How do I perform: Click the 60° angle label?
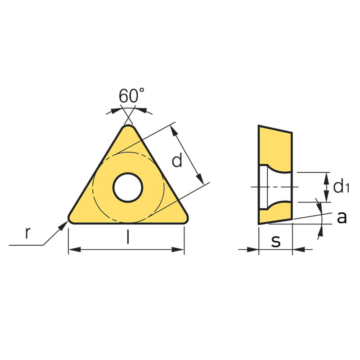[131, 95]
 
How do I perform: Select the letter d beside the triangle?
[177, 161]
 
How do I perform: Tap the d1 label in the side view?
[341, 187]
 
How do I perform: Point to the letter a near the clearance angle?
[342, 217]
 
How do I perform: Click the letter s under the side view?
[276, 241]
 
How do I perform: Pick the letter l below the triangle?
[128, 237]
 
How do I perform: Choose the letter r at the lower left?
[27, 233]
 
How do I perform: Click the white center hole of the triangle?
[128, 188]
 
